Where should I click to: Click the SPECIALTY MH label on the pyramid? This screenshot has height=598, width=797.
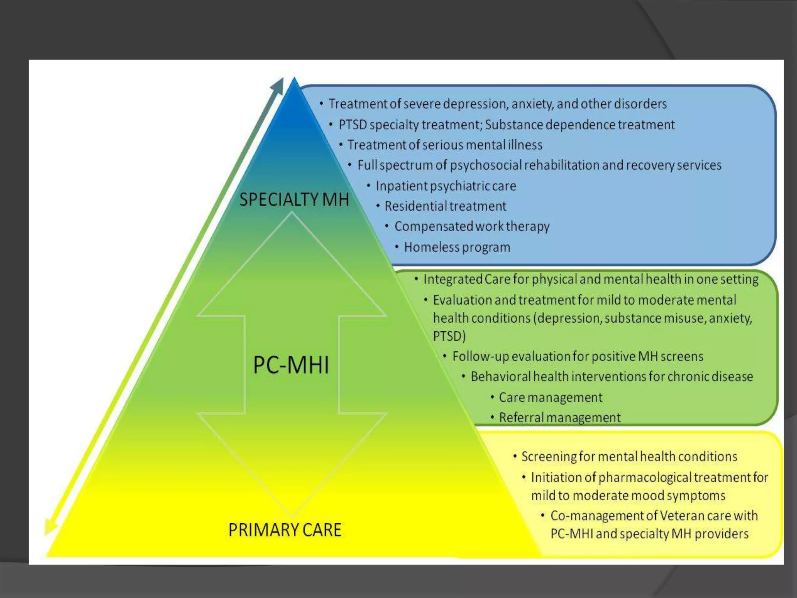(x=294, y=200)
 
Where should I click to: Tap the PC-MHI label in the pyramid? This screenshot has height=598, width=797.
(x=291, y=365)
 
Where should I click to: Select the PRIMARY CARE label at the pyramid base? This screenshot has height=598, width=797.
(x=285, y=530)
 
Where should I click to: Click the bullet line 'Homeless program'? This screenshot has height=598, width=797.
(x=457, y=247)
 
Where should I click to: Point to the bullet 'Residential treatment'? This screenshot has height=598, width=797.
(x=445, y=206)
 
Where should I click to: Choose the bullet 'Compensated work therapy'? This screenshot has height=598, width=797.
(x=472, y=226)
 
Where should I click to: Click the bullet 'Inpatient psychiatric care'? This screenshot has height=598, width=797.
(x=446, y=186)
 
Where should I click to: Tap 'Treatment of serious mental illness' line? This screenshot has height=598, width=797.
(x=445, y=145)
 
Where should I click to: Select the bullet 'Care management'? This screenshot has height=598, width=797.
(x=550, y=397)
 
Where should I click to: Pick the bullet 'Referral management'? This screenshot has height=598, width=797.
(x=560, y=418)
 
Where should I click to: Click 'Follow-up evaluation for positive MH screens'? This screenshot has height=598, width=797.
(x=578, y=357)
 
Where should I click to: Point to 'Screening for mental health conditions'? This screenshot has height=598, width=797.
(x=629, y=457)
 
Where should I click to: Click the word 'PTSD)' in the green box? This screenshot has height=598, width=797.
(x=449, y=336)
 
